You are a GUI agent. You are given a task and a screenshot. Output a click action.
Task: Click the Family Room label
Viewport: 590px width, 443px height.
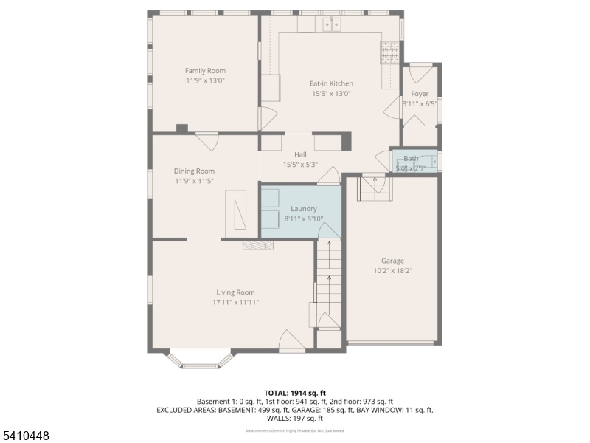(205, 71)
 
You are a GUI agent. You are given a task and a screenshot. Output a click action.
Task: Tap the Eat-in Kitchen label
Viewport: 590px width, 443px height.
(331, 84)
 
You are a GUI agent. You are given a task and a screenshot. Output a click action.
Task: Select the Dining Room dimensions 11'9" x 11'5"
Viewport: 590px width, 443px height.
(195, 181)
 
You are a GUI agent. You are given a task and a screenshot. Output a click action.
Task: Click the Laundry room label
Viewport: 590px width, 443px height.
(303, 209)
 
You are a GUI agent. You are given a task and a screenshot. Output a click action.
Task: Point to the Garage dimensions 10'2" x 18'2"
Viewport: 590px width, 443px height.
(392, 271)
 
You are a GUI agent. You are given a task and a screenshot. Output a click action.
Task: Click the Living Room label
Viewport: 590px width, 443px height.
(235, 292)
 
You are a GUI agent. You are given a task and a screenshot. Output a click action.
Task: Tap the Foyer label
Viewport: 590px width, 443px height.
(420, 94)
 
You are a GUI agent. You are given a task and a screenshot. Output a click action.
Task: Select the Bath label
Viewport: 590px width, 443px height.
(411, 159)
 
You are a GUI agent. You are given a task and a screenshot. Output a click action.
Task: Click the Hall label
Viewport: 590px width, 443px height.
(300, 154)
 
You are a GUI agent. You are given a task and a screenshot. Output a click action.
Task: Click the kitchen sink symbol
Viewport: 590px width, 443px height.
(331, 25)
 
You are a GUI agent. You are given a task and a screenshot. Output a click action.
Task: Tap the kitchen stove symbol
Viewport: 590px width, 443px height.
(389, 51)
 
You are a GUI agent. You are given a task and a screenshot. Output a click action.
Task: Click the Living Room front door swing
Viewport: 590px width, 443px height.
(291, 341)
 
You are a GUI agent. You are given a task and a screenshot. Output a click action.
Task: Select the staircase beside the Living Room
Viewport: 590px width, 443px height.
(329, 284)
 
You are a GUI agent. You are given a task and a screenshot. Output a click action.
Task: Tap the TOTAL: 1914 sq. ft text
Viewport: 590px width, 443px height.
(295, 393)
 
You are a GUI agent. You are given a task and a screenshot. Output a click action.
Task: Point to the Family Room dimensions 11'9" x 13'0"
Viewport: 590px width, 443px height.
(205, 80)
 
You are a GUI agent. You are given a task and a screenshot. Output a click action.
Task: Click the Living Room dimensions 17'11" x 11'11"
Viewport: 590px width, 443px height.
(235, 302)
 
